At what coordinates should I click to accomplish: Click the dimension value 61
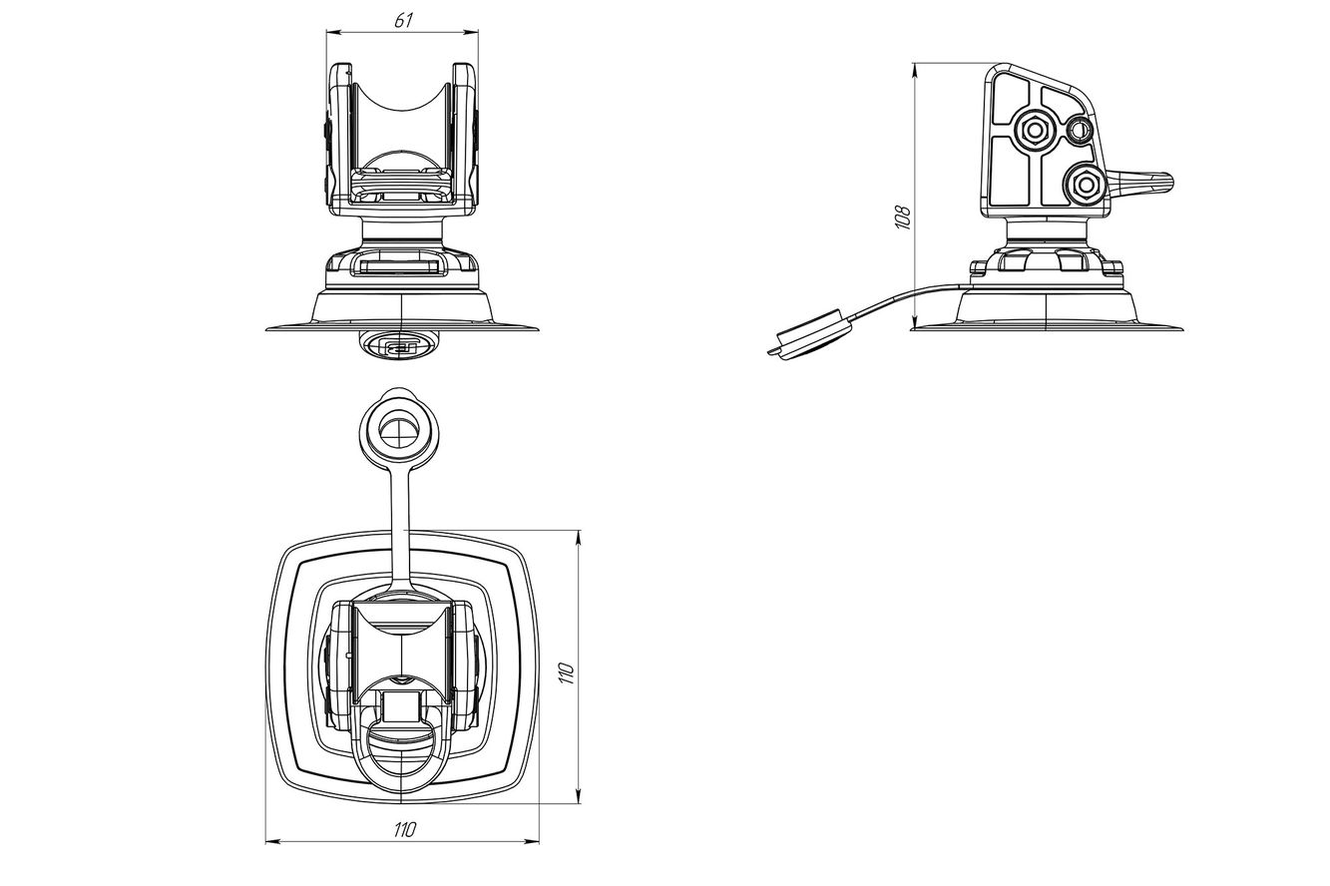tap(403, 21)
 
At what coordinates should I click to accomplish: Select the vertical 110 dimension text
tap(567, 672)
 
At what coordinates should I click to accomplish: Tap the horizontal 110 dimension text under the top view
tap(405, 829)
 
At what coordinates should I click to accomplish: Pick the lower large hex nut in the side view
tap(1085, 185)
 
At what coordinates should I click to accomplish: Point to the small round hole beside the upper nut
tap(1079, 130)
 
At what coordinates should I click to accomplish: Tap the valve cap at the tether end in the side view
tap(810, 335)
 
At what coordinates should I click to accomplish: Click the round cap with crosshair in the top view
tap(399, 430)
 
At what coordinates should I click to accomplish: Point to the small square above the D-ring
tap(401, 706)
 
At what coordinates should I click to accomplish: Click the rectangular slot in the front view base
tap(399, 266)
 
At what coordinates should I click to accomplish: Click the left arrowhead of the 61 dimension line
tap(331, 33)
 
